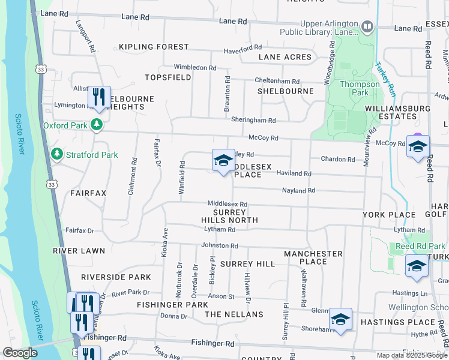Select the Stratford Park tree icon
(56, 155)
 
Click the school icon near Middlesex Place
(223, 160)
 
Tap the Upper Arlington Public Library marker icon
(367, 26)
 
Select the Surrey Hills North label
(230, 216)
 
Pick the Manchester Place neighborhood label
(313, 258)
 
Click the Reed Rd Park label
(420, 246)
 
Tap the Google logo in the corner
(20, 353)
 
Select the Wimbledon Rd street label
(194, 68)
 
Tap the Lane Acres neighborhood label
(285, 58)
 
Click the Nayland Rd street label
(298, 191)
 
